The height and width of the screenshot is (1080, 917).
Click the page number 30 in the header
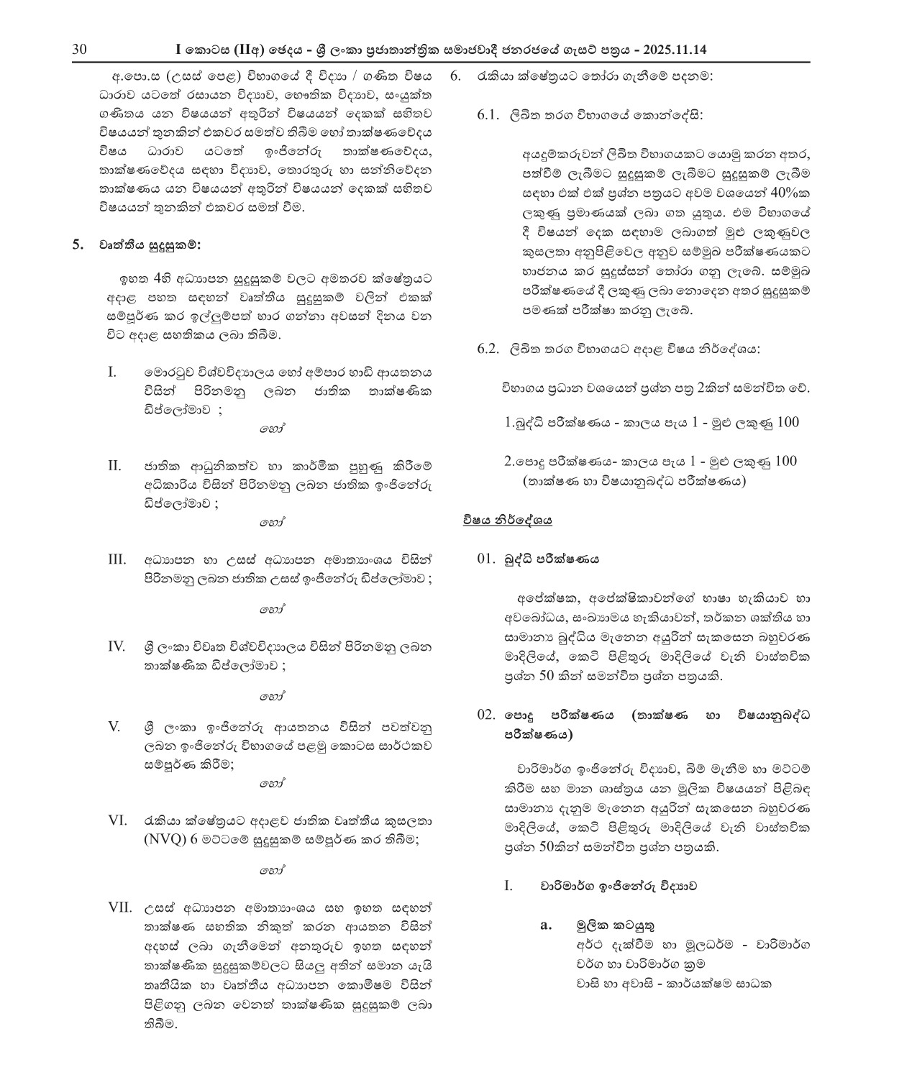[79, 50]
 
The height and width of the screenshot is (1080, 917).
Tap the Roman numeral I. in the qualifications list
[112, 372]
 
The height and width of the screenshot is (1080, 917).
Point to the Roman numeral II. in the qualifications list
[114, 465]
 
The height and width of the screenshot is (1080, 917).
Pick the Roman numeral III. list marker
[117, 559]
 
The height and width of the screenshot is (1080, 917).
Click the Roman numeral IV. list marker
[117, 645]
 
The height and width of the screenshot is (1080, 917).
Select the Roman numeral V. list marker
[114, 726]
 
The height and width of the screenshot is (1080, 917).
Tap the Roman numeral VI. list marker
[117, 820]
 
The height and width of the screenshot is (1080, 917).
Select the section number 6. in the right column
[455, 76]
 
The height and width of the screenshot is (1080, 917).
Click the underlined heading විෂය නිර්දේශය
[508, 519]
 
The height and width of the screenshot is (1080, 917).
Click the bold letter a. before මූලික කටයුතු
[546, 925]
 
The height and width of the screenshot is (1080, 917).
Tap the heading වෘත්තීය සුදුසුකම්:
[151, 244]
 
